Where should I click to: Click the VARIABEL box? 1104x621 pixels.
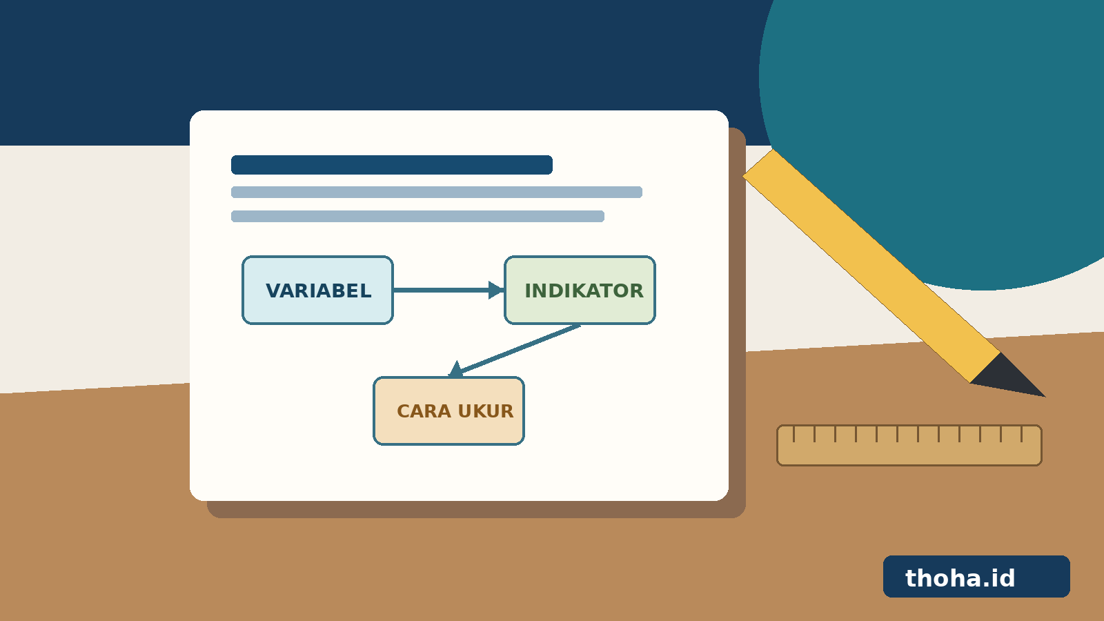(x=317, y=290)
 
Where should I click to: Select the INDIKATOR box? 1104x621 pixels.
(x=580, y=290)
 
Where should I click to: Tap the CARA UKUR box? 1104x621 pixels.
(x=448, y=411)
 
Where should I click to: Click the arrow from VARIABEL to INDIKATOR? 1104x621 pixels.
(x=448, y=290)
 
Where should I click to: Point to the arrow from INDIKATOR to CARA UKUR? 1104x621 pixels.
(x=514, y=351)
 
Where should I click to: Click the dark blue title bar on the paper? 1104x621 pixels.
(x=392, y=165)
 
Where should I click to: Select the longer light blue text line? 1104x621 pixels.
(x=437, y=193)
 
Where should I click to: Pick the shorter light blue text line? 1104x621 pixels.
(x=417, y=217)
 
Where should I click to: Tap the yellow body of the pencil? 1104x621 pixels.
(x=871, y=266)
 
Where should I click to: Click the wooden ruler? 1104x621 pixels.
(x=909, y=446)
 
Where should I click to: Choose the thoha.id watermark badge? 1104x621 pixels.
(x=976, y=577)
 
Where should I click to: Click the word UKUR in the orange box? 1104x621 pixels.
(x=486, y=411)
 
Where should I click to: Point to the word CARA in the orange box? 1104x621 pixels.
(x=424, y=411)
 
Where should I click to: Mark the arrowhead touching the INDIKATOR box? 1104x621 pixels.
(x=496, y=290)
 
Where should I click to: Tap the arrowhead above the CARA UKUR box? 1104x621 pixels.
(x=456, y=370)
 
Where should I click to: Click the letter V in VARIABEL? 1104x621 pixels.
(x=275, y=290)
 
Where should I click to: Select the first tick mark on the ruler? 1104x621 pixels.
(x=793, y=434)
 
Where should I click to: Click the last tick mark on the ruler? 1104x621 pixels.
(x=1022, y=434)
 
